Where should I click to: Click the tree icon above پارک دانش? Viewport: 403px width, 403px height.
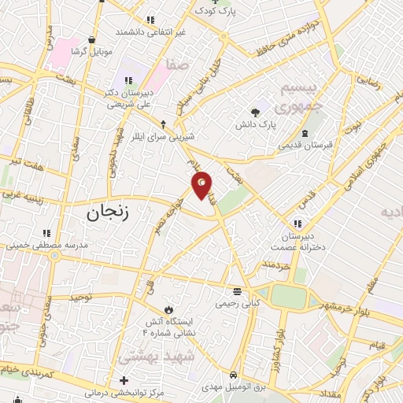pyautogui.click(x=254, y=112)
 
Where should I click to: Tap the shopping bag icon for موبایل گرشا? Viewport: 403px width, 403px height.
pyautogui.click(x=93, y=39)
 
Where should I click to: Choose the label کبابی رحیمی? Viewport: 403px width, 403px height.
pyautogui.click(x=238, y=302)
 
